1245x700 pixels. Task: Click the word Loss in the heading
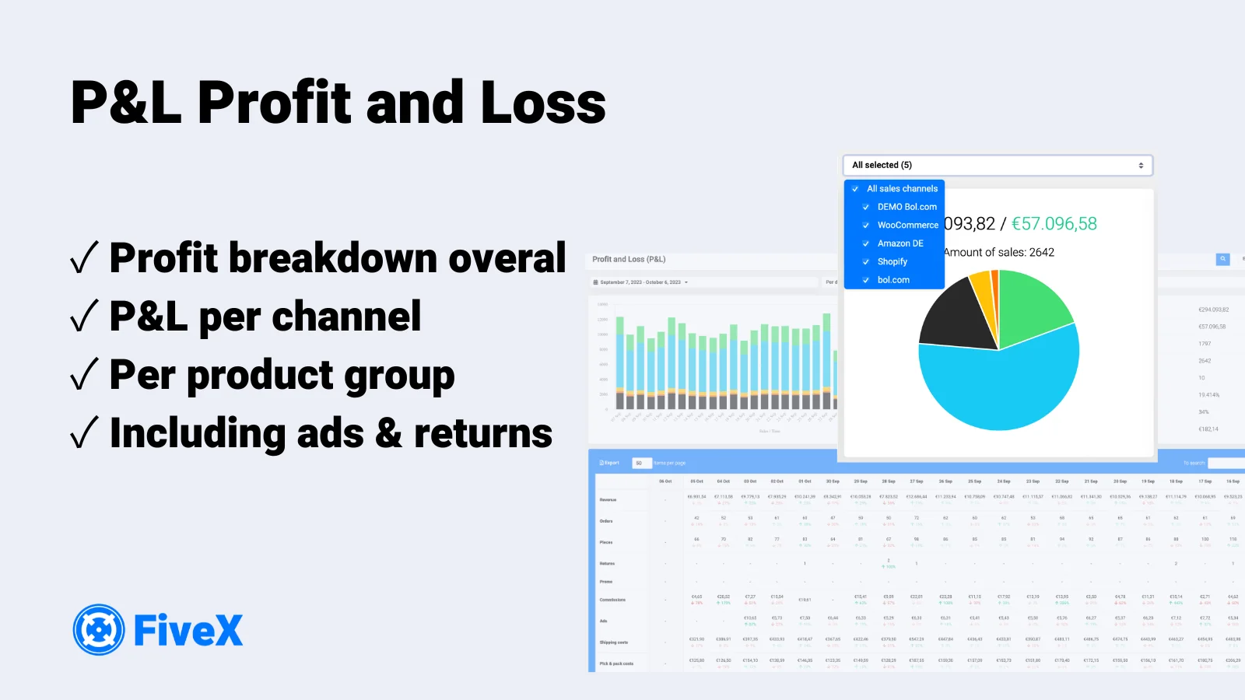click(x=543, y=103)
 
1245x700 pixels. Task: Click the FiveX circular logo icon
click(x=99, y=630)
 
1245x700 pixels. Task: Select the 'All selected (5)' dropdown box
click(x=997, y=165)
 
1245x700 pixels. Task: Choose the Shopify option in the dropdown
click(x=893, y=262)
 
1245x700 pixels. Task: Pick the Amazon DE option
click(x=900, y=243)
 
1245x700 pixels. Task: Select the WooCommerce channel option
click(x=907, y=226)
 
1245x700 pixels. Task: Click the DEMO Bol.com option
click(x=907, y=207)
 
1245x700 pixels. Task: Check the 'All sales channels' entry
click(x=902, y=189)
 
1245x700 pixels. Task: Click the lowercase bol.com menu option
click(x=893, y=280)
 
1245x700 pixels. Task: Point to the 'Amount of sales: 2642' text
click(x=999, y=253)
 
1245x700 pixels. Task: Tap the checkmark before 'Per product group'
click(x=84, y=375)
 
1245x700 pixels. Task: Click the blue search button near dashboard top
click(x=1222, y=259)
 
